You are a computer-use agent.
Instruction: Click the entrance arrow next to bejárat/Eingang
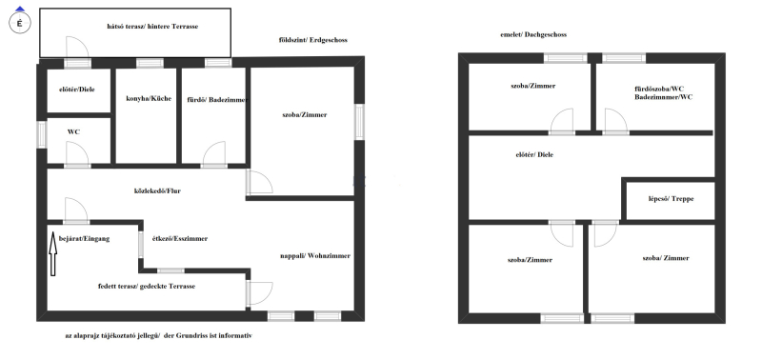[x=53, y=254]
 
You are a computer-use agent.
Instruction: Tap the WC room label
[x=74, y=131]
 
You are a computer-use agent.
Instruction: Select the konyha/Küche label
[x=149, y=99]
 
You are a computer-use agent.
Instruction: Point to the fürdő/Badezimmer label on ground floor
[x=218, y=100]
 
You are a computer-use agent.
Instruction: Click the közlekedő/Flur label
[x=157, y=190]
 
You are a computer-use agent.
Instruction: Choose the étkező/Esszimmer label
[x=180, y=238]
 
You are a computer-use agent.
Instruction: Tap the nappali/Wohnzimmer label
[x=315, y=256]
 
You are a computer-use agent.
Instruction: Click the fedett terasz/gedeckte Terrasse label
[x=147, y=286]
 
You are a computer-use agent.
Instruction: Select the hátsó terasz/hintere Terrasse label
[x=152, y=27]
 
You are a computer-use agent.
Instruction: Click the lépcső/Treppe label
[x=672, y=199]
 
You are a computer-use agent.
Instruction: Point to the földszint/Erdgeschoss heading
[x=313, y=40]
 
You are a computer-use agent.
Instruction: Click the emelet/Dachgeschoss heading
[x=533, y=34]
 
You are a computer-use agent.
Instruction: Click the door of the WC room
[x=77, y=153]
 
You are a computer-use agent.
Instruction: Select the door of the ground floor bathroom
[x=214, y=153]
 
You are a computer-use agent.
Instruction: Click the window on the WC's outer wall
[x=42, y=134]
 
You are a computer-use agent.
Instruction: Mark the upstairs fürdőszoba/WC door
[x=615, y=121]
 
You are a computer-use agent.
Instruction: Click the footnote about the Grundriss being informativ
[x=159, y=335]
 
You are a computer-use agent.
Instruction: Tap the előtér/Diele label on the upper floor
[x=534, y=155]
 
